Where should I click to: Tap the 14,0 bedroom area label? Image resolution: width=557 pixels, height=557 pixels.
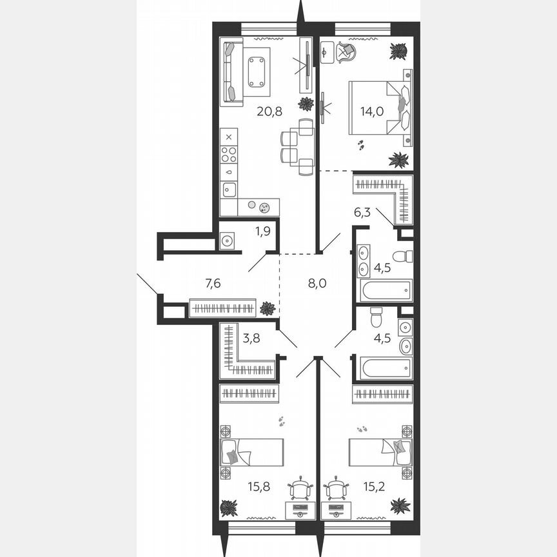pyautogui.click(x=371, y=111)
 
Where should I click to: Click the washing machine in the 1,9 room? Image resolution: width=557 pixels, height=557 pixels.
pyautogui.click(x=228, y=240)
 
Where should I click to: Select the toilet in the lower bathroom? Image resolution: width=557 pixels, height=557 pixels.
pyautogui.click(x=376, y=317)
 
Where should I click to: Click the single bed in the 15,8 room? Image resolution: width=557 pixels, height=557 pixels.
pyautogui.click(x=252, y=451)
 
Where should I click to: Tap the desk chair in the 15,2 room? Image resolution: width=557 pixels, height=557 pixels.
pyautogui.click(x=335, y=491)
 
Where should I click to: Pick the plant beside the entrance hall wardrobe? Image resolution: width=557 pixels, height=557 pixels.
pyautogui.click(x=266, y=309)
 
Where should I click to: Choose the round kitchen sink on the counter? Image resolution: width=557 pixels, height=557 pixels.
pyautogui.click(x=264, y=207)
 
